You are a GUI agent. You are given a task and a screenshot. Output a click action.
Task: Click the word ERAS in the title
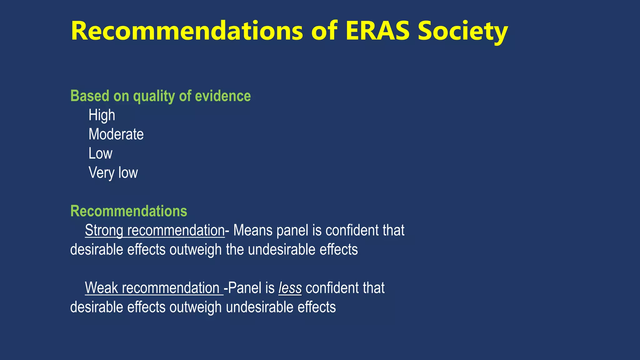(377, 31)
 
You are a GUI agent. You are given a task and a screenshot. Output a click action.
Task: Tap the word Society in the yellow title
(463, 31)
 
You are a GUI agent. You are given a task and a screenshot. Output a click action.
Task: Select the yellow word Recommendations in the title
(187, 31)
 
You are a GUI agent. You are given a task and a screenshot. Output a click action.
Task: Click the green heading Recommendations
(129, 211)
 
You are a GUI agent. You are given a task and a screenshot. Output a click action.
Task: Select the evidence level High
(102, 115)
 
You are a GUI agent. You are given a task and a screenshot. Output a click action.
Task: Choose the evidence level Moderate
(116, 134)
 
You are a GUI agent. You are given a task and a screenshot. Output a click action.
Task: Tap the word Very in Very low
(101, 172)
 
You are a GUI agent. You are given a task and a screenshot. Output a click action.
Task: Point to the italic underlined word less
(290, 288)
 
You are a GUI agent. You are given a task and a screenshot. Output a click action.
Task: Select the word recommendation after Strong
(176, 231)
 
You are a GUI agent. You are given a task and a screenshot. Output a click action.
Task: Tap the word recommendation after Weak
(171, 288)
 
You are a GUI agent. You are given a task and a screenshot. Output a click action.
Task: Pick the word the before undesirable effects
(235, 250)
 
